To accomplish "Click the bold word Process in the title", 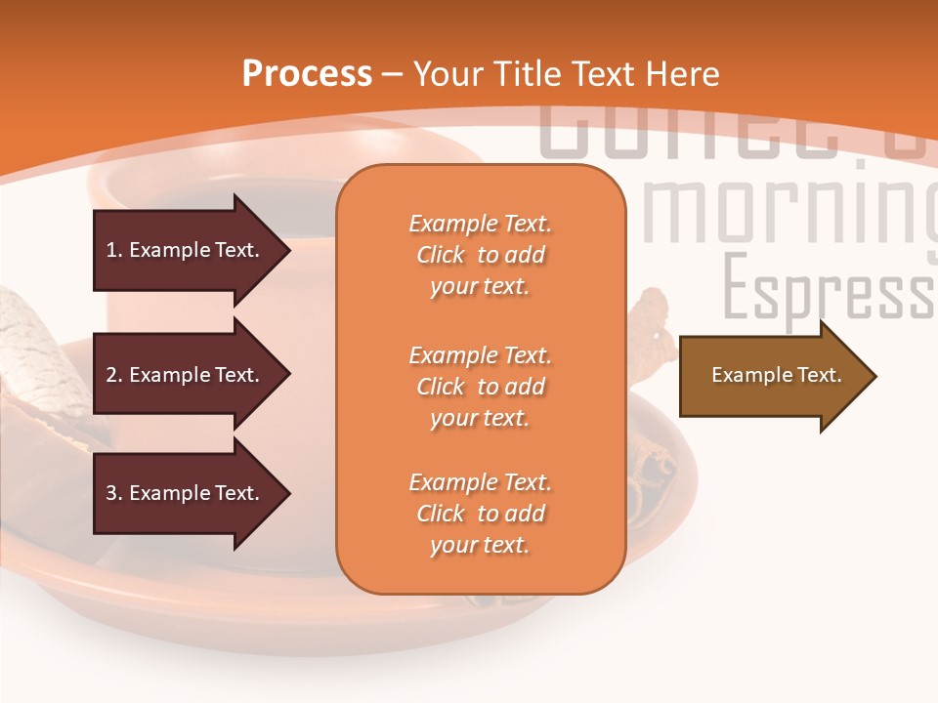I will pos(307,73).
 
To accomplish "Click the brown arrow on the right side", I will pos(772,376).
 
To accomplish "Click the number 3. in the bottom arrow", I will pos(113,493).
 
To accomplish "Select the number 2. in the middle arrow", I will pos(113,375).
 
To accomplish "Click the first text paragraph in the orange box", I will pos(480,255).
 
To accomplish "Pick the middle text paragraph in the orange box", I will pos(480,387).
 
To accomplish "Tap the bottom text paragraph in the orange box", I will pos(480,514).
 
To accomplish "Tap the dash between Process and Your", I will pos(393,74).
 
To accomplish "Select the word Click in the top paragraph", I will pos(440,255).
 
